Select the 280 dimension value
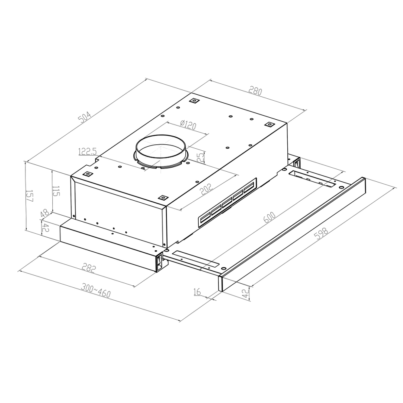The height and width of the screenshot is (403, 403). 255,91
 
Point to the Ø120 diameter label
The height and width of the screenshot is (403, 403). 189,125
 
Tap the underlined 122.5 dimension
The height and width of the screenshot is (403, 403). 87,152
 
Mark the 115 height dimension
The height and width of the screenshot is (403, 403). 56,191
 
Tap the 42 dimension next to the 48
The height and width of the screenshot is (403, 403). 45,229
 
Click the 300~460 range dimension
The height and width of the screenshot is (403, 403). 96,291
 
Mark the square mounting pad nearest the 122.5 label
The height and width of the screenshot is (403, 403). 86,174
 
